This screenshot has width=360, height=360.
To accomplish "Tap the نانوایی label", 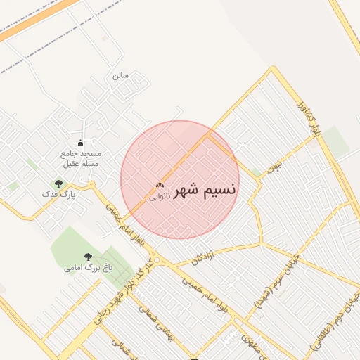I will [x=158, y=197].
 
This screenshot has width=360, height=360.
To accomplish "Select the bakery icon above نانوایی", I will [x=158, y=186].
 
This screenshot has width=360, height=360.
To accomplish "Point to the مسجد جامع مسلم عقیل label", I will [x=81, y=158].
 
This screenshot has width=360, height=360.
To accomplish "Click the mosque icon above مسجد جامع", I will [x=79, y=143].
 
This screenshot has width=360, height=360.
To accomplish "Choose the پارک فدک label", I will [x=58, y=193].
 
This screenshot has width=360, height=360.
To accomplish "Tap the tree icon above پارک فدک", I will [x=58, y=184].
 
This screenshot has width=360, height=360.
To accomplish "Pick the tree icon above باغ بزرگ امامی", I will [x=88, y=257].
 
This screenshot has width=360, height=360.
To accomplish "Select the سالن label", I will [x=121, y=75].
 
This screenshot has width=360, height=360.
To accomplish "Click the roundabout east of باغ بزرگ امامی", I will [x=157, y=261].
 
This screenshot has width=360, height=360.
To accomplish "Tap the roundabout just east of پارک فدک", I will [x=91, y=185].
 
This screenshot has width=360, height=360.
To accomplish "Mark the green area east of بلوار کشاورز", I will [x=336, y=141].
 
